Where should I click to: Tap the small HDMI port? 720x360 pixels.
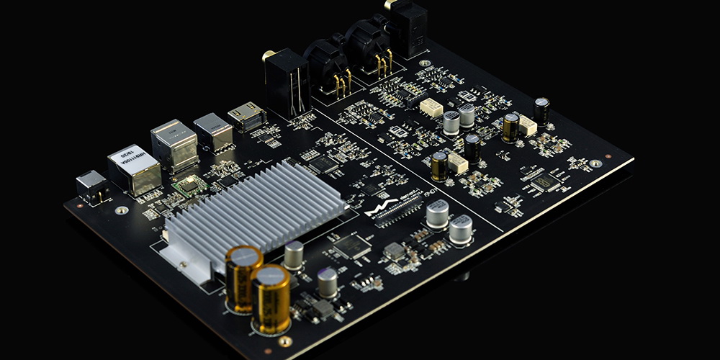pyautogui.click(x=246, y=117)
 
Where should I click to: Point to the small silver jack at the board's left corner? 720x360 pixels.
pyautogui.click(x=92, y=185)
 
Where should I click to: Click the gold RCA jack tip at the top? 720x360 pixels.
pyautogui.click(x=389, y=4)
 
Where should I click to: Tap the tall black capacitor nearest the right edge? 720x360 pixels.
pyautogui.click(x=541, y=110)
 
